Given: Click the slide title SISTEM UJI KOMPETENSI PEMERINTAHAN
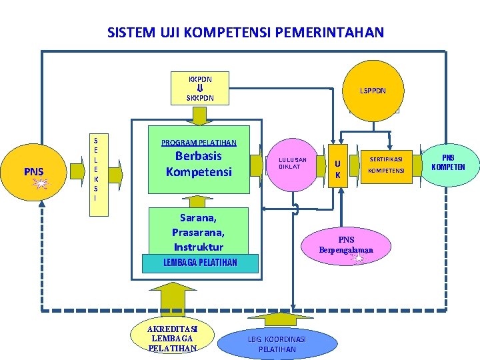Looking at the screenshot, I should click(x=245, y=32).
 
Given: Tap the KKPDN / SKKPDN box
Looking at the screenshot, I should click(x=199, y=88).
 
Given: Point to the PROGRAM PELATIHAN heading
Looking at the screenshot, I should click(x=198, y=142).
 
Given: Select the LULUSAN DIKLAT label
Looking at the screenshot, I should click(x=293, y=163).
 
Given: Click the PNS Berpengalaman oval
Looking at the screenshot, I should click(x=347, y=245).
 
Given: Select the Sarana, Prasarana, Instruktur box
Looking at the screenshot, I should click(x=198, y=232).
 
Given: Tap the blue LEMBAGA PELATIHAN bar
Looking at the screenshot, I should click(x=200, y=263).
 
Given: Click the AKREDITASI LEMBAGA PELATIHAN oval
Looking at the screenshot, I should click(x=172, y=338).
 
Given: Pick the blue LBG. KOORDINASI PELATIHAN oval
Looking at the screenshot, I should click(x=277, y=344).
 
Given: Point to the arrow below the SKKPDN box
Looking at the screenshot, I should click(x=199, y=115).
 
